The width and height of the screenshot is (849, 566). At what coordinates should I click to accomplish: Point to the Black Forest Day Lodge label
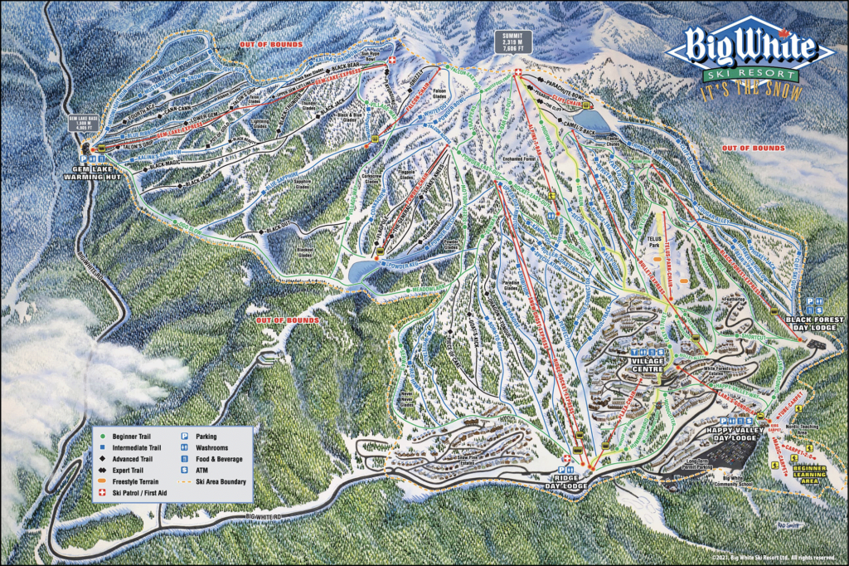[x=816, y=323]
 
